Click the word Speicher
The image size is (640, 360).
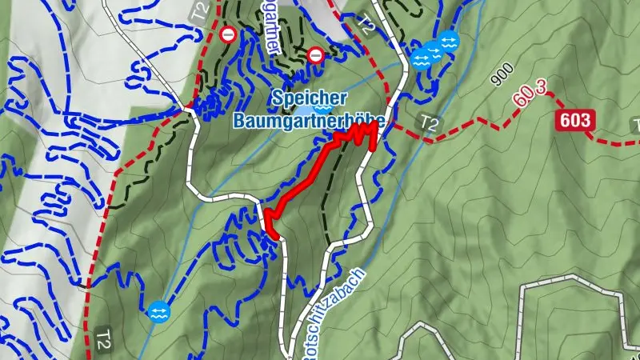tap(309, 98)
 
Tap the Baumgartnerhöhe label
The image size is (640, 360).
tap(309, 121)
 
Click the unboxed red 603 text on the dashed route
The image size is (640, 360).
tap(531, 98)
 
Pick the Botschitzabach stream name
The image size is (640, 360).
tap(334, 312)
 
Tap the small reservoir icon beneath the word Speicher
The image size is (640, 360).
tap(323, 109)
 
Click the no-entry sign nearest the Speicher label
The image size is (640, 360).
tap(316, 55)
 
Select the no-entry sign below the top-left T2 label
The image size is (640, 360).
tap(229, 34)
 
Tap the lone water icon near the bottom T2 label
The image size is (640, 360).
tap(158, 311)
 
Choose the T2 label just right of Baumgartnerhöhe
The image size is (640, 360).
tap(430, 122)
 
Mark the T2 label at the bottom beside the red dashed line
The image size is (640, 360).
tap(103, 335)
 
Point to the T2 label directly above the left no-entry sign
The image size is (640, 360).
tap(199, 11)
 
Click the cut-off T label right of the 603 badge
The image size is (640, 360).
tap(636, 124)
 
